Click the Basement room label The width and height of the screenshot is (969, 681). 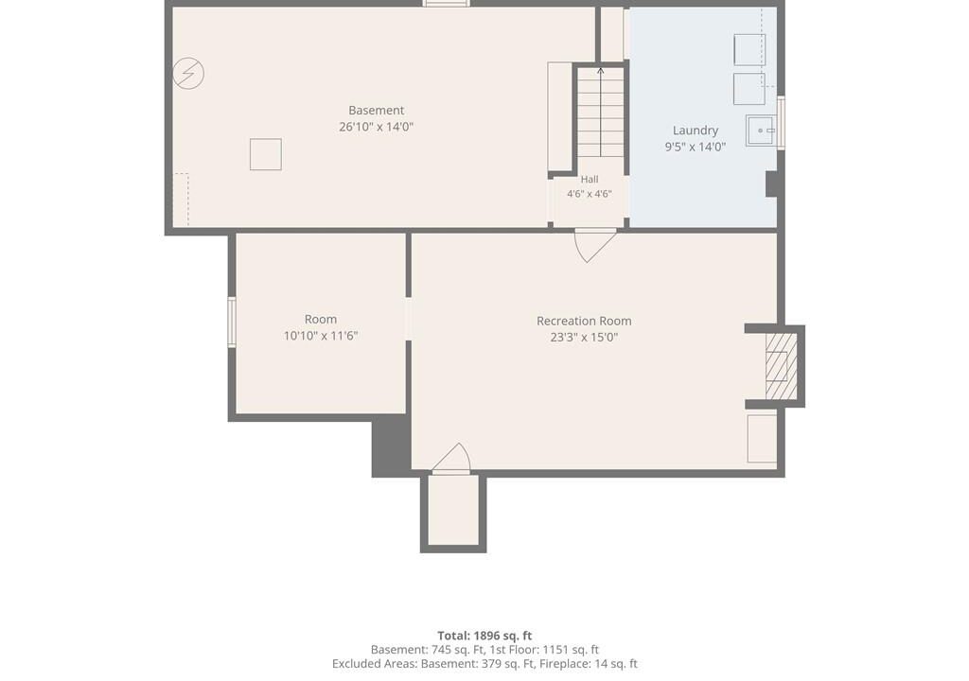tap(376, 111)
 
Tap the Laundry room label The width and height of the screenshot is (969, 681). tap(696, 131)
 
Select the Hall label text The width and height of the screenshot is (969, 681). tap(590, 179)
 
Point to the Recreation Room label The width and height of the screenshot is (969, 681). tap(584, 321)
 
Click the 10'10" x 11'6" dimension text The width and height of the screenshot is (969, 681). tap(321, 336)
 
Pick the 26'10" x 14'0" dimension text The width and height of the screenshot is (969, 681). tap(377, 127)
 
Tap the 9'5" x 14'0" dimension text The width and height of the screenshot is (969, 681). tap(696, 147)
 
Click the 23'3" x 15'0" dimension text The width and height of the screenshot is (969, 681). tap(584, 338)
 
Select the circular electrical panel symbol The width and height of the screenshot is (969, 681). tap(188, 73)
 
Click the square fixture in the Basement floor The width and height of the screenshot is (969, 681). tap(266, 154)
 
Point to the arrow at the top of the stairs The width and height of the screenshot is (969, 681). tap(601, 70)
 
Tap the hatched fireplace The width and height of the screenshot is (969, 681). tap(781, 366)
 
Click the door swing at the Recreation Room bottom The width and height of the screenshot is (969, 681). tap(451, 459)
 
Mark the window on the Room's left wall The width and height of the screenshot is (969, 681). tap(233, 322)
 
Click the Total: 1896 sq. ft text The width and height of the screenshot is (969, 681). tap(484, 636)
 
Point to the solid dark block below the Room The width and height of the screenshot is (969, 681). tap(391, 445)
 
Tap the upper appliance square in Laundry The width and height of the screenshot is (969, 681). tap(749, 50)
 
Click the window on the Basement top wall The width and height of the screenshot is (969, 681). tap(447, 4)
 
